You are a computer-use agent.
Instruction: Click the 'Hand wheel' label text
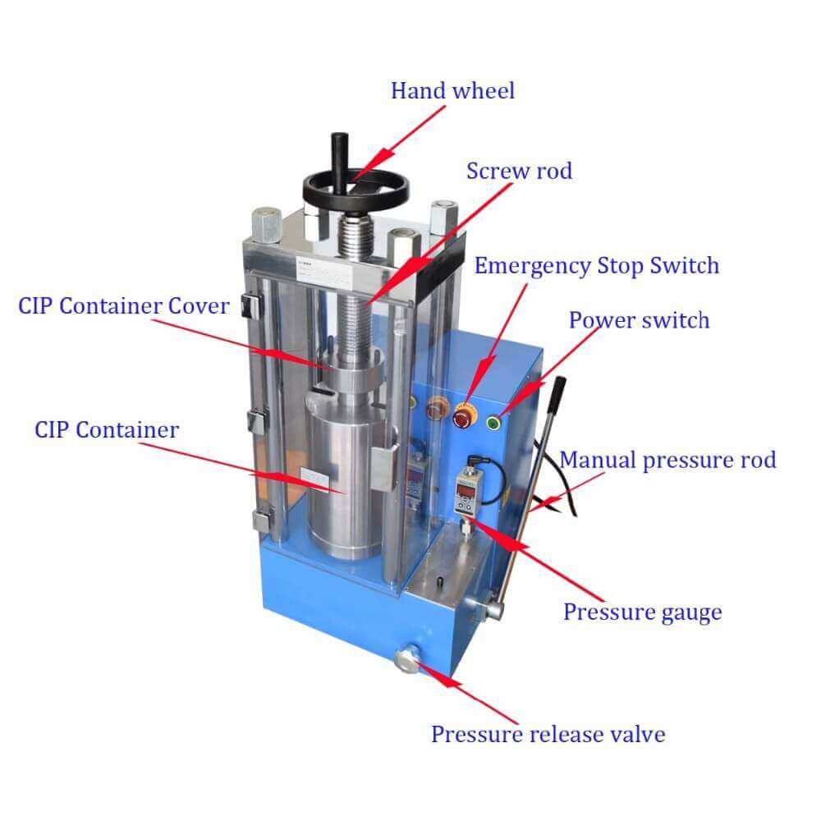pyautogui.click(x=453, y=90)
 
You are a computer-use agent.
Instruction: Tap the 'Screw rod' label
pyautogui.click(x=519, y=171)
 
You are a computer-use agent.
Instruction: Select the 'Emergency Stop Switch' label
pyautogui.click(x=596, y=266)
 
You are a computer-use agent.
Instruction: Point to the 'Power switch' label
pyautogui.click(x=639, y=320)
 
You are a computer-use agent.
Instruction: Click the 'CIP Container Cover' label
pyautogui.click(x=124, y=306)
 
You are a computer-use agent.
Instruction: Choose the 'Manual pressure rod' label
pyautogui.click(x=667, y=461)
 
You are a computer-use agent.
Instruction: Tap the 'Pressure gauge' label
pyautogui.click(x=643, y=612)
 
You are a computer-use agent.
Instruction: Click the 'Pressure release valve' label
pyautogui.click(x=548, y=734)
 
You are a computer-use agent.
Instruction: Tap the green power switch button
pyautogui.click(x=493, y=423)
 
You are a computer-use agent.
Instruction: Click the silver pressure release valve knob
pyautogui.click(x=407, y=659)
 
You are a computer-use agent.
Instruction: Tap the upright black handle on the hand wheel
pyautogui.click(x=339, y=163)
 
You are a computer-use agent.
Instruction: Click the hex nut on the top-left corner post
pyautogui.click(x=267, y=225)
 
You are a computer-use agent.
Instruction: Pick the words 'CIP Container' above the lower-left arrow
pyautogui.click(x=107, y=430)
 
